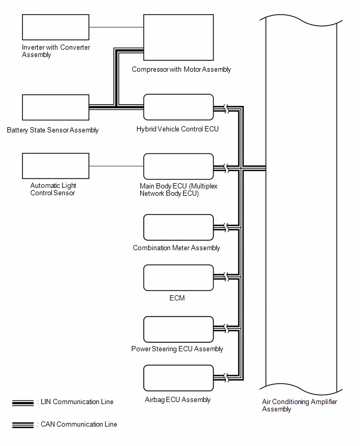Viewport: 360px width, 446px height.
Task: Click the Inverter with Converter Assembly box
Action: pos(56,27)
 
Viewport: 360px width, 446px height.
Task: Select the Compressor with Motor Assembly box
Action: pos(178,38)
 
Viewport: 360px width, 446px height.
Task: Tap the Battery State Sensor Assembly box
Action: pos(56,107)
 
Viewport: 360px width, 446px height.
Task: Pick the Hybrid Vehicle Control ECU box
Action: pos(178,107)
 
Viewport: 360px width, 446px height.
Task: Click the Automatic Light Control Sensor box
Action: pos(56,166)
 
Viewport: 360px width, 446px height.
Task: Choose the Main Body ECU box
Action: pos(178,166)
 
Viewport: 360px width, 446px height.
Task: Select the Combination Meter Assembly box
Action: pos(178,228)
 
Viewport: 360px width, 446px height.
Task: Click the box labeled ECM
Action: pos(178,278)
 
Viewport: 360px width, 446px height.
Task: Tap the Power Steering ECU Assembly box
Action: pos(178,329)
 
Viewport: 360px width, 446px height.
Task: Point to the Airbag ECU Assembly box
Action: pos(178,378)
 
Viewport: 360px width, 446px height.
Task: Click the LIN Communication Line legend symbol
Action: pos(23,403)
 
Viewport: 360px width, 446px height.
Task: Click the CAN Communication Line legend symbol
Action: pos(23,425)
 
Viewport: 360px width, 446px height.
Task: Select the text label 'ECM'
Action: pos(177,298)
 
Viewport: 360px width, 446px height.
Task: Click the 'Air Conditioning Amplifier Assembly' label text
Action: pos(299,405)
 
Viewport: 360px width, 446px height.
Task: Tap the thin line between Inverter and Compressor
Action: pos(116,27)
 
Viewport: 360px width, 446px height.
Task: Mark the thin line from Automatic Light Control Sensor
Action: pos(116,166)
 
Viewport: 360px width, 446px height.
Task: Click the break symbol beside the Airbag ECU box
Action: pos(227,378)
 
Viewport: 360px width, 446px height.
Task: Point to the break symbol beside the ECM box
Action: pos(227,277)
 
